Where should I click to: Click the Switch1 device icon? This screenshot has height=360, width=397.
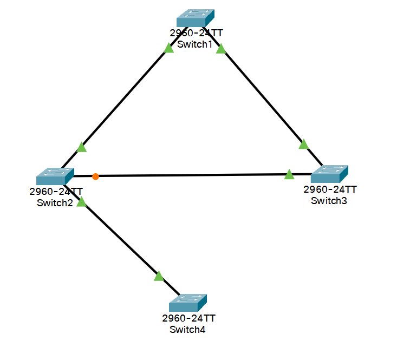coord(196,18)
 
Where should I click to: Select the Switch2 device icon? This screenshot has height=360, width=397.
coord(55,176)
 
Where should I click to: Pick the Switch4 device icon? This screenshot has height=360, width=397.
coord(188,303)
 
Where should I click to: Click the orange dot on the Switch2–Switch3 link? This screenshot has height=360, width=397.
coord(95,176)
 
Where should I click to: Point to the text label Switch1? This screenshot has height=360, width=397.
coord(195,44)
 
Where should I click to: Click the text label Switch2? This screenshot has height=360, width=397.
coord(55,203)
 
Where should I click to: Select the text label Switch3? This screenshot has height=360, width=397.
coord(329,201)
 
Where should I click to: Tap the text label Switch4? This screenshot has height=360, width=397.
coord(188,329)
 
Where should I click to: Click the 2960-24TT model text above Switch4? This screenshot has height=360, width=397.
coord(188,318)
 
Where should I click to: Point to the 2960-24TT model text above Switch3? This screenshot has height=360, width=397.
coord(330,189)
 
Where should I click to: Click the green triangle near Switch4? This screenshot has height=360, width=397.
coord(159,276)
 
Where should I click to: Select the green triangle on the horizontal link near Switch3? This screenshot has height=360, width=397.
coord(289,174)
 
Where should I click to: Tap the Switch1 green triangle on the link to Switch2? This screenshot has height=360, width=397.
coord(168,48)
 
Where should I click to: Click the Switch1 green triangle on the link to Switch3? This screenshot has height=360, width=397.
coord(221,49)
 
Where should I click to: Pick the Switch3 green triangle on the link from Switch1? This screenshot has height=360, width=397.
coord(303,144)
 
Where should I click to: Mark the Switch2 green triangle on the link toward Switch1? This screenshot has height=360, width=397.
coord(82,147)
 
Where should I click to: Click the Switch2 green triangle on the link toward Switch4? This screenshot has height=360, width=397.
coord(81,202)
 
